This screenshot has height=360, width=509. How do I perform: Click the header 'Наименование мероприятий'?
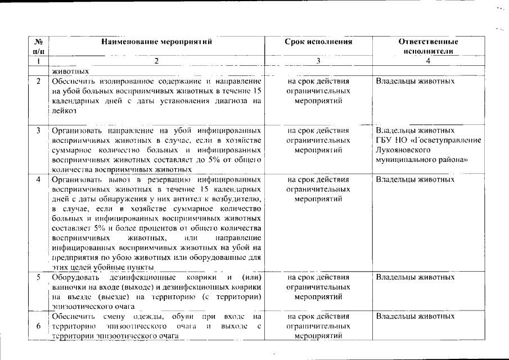pyautogui.click(x=157, y=42)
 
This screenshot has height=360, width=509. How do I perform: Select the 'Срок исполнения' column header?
pyautogui.click(x=318, y=42)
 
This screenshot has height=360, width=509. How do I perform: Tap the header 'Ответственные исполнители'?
pyautogui.click(x=428, y=46)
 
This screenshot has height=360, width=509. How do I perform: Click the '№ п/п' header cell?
pyautogui.click(x=39, y=46)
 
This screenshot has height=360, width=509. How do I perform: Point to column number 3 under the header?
pyautogui.click(x=318, y=61)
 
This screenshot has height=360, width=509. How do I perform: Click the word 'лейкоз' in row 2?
pyautogui.click(x=64, y=111)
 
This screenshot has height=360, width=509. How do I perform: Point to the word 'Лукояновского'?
pyautogui.click(x=403, y=150)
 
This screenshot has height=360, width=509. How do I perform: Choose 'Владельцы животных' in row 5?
pyautogui.click(x=415, y=278)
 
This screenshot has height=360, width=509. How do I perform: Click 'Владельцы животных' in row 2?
pyautogui.click(x=415, y=82)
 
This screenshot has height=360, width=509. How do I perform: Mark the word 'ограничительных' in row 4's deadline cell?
pyautogui.click(x=318, y=190)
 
